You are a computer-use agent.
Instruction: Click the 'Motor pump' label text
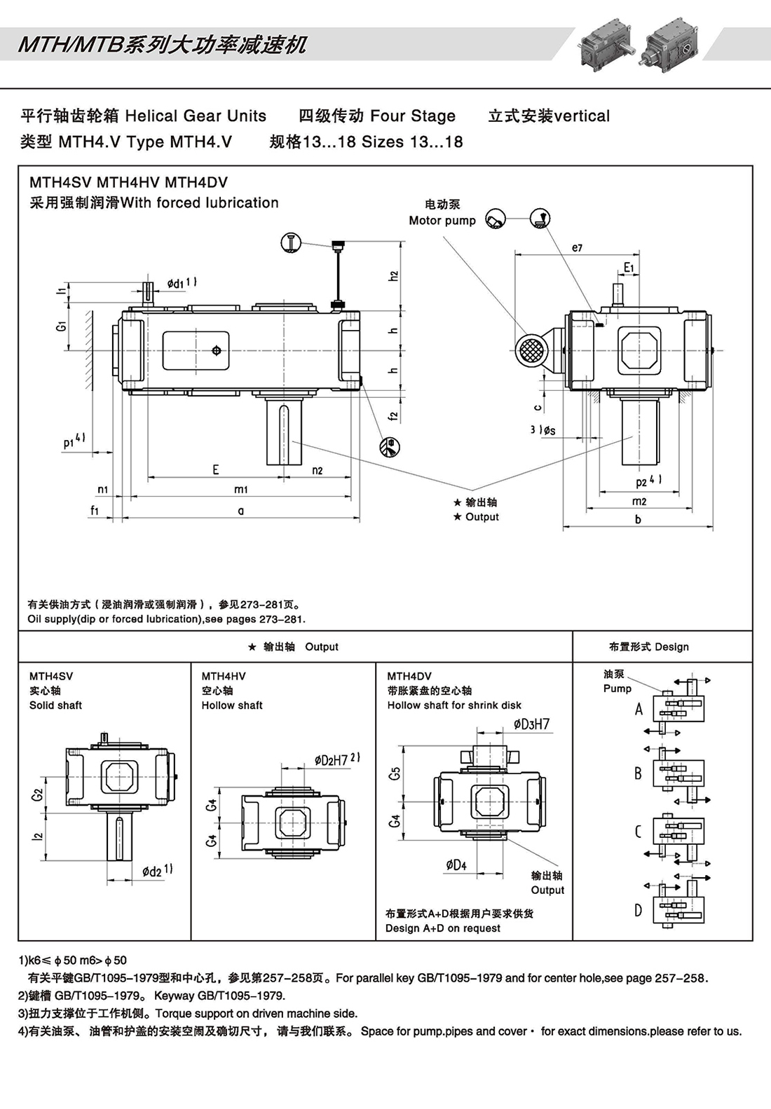pos(442,221)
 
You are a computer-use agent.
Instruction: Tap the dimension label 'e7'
pos(577,248)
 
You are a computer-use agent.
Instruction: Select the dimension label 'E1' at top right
pos(629,268)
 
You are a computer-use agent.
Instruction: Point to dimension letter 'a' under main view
pos(240,511)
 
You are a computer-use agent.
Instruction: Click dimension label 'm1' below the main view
pos(240,489)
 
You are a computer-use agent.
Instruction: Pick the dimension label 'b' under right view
pos(638,519)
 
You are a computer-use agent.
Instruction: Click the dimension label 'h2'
pos(394,276)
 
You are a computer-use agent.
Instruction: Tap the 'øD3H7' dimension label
pos(531,724)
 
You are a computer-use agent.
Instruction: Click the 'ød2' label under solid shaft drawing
pos(157,871)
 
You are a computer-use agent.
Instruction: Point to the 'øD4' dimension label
pos(456,865)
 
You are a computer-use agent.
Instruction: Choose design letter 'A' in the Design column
pos(639,709)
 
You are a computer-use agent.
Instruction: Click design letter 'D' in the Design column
pos(638,910)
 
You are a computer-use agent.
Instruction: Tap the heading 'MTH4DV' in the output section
pos(409,676)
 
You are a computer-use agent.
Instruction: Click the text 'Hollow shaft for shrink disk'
pos(454,705)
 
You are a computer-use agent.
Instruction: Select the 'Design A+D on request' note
pos(443,928)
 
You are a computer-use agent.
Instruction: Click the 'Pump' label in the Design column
pos(617,689)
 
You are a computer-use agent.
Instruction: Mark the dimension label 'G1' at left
pos(62,326)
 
